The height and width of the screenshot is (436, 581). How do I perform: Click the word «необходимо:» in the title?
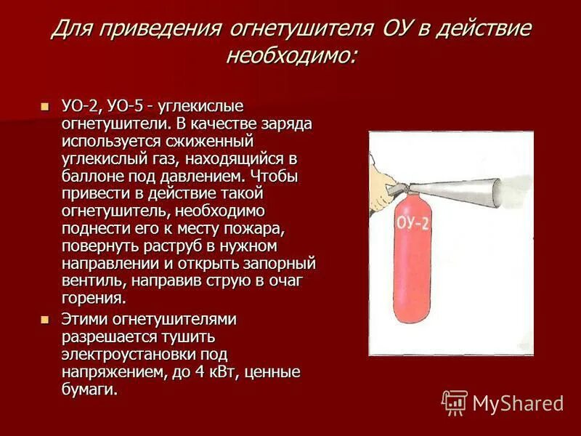point(290,55)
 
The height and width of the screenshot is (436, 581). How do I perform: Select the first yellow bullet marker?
point(44,106)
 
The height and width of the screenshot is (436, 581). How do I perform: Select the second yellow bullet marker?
point(44,319)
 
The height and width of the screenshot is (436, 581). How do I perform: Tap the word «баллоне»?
point(89,176)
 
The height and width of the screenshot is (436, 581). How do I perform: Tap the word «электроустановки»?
point(124,355)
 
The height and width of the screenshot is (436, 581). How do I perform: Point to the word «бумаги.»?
point(89,389)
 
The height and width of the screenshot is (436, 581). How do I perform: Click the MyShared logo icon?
point(455,402)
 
